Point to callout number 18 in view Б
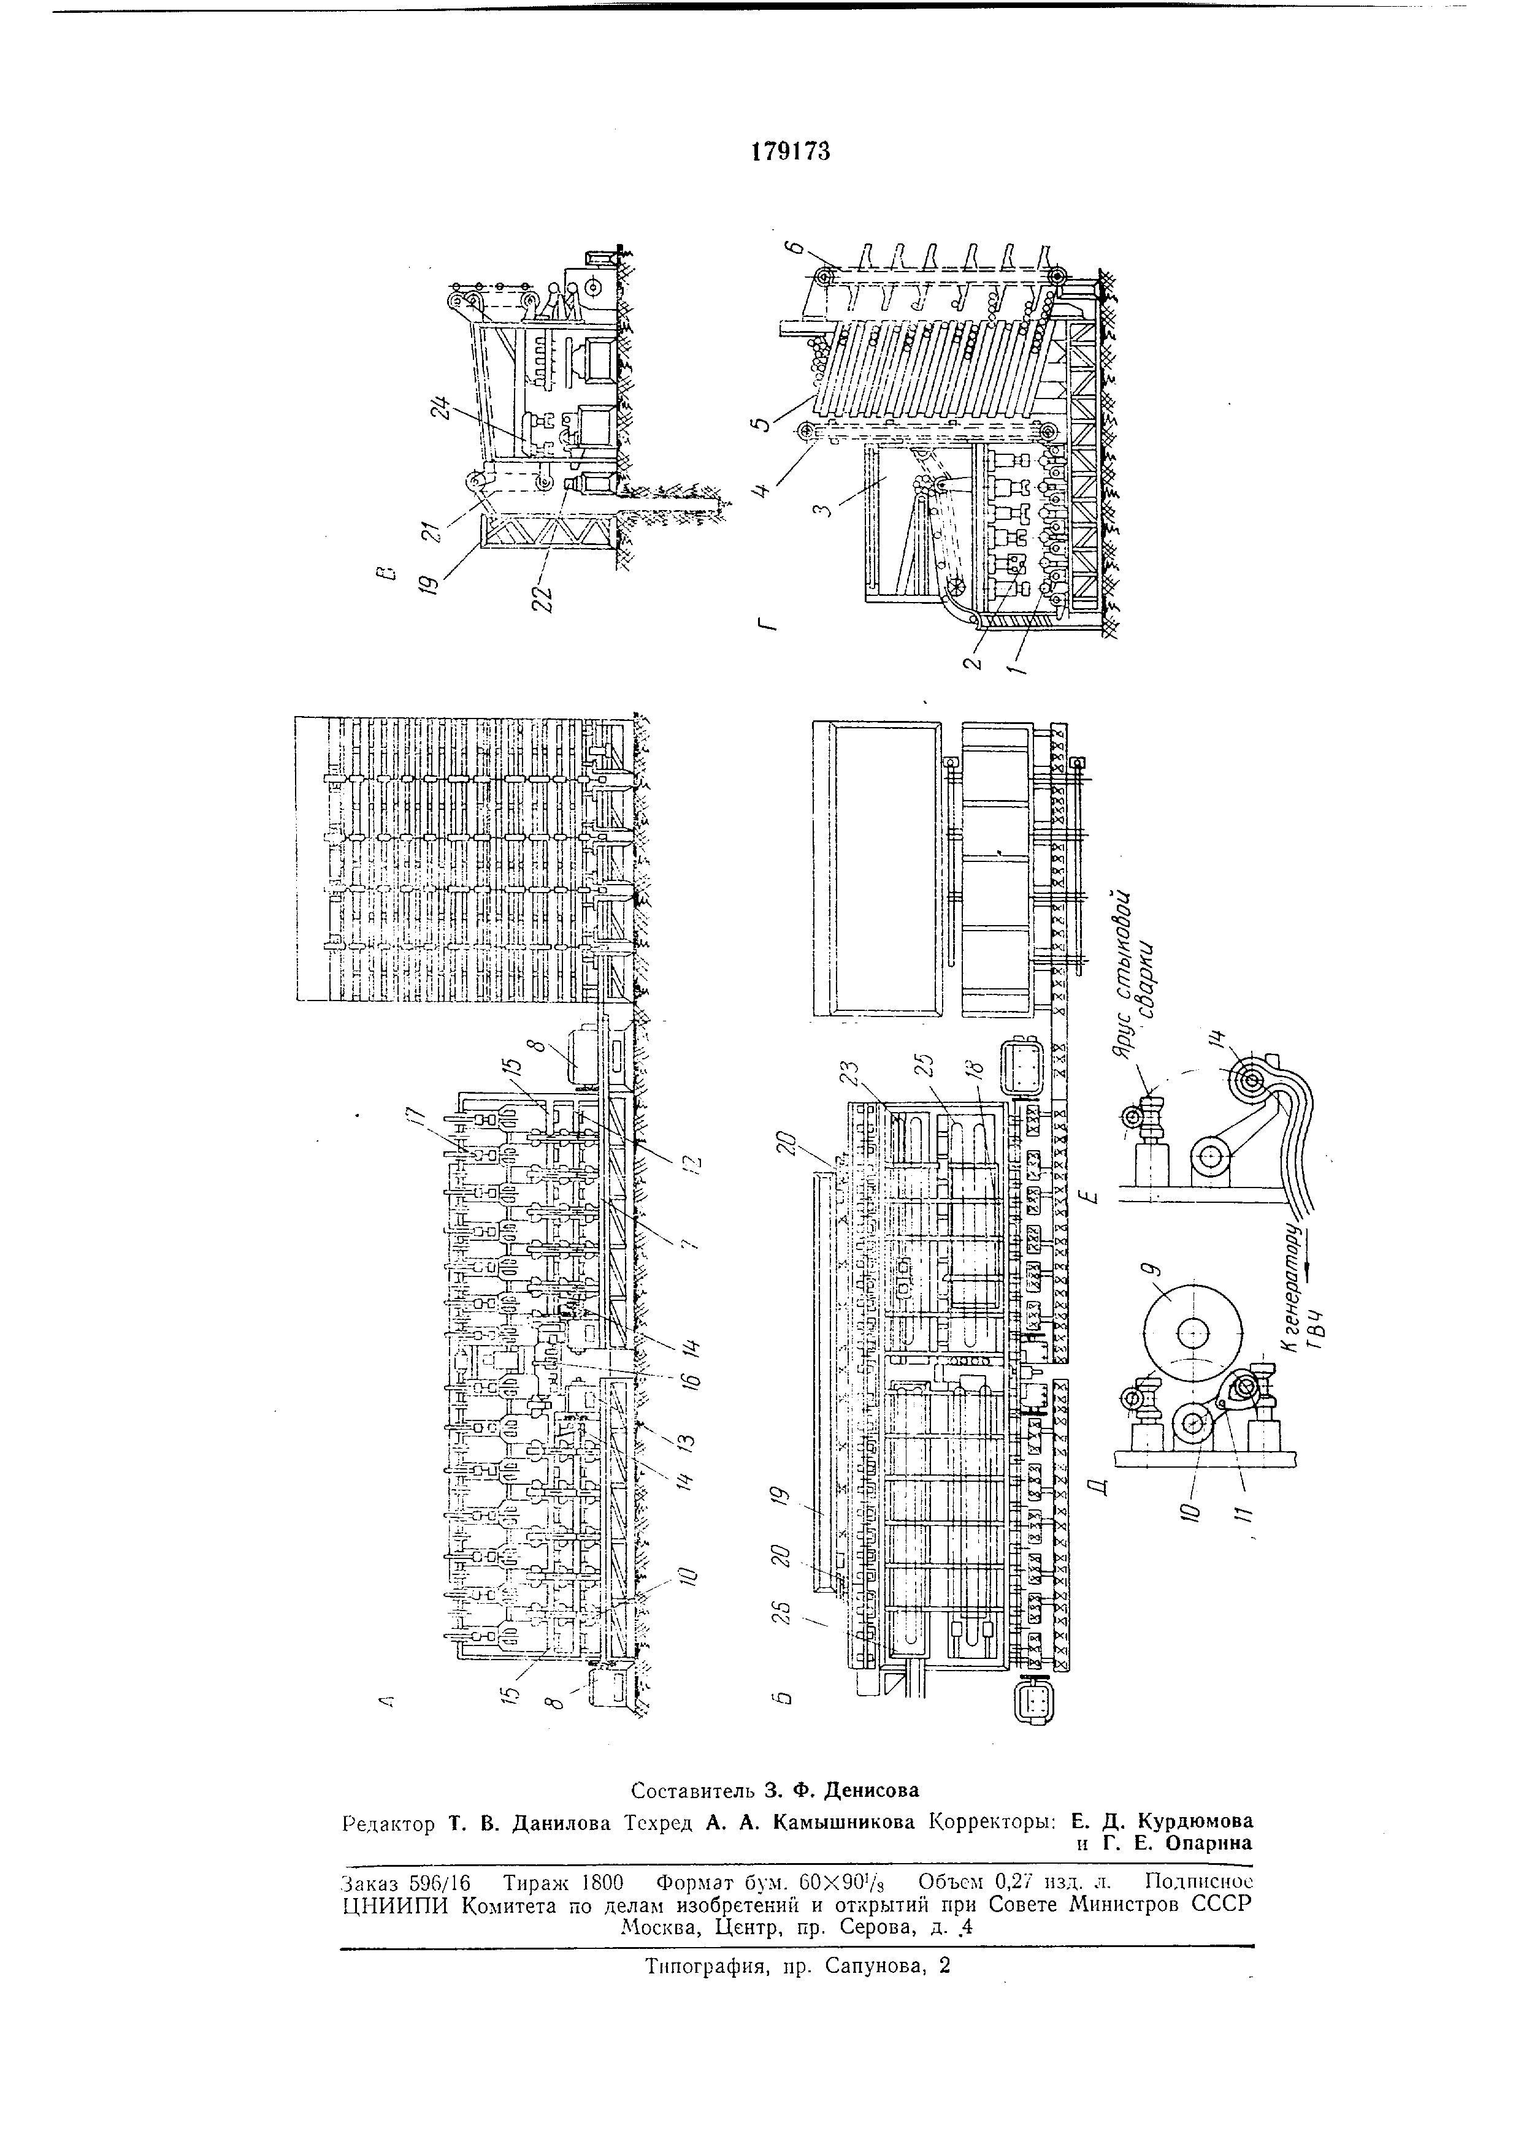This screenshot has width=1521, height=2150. click(977, 1071)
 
